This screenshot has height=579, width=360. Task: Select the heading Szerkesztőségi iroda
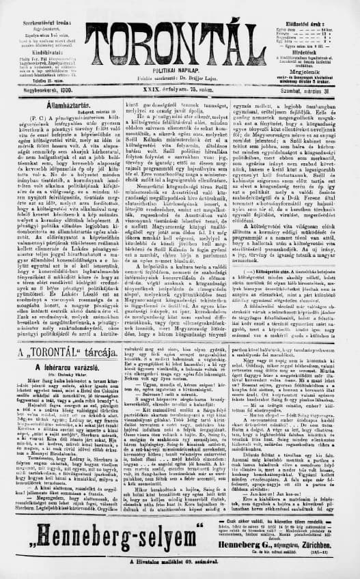coord(42,7)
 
